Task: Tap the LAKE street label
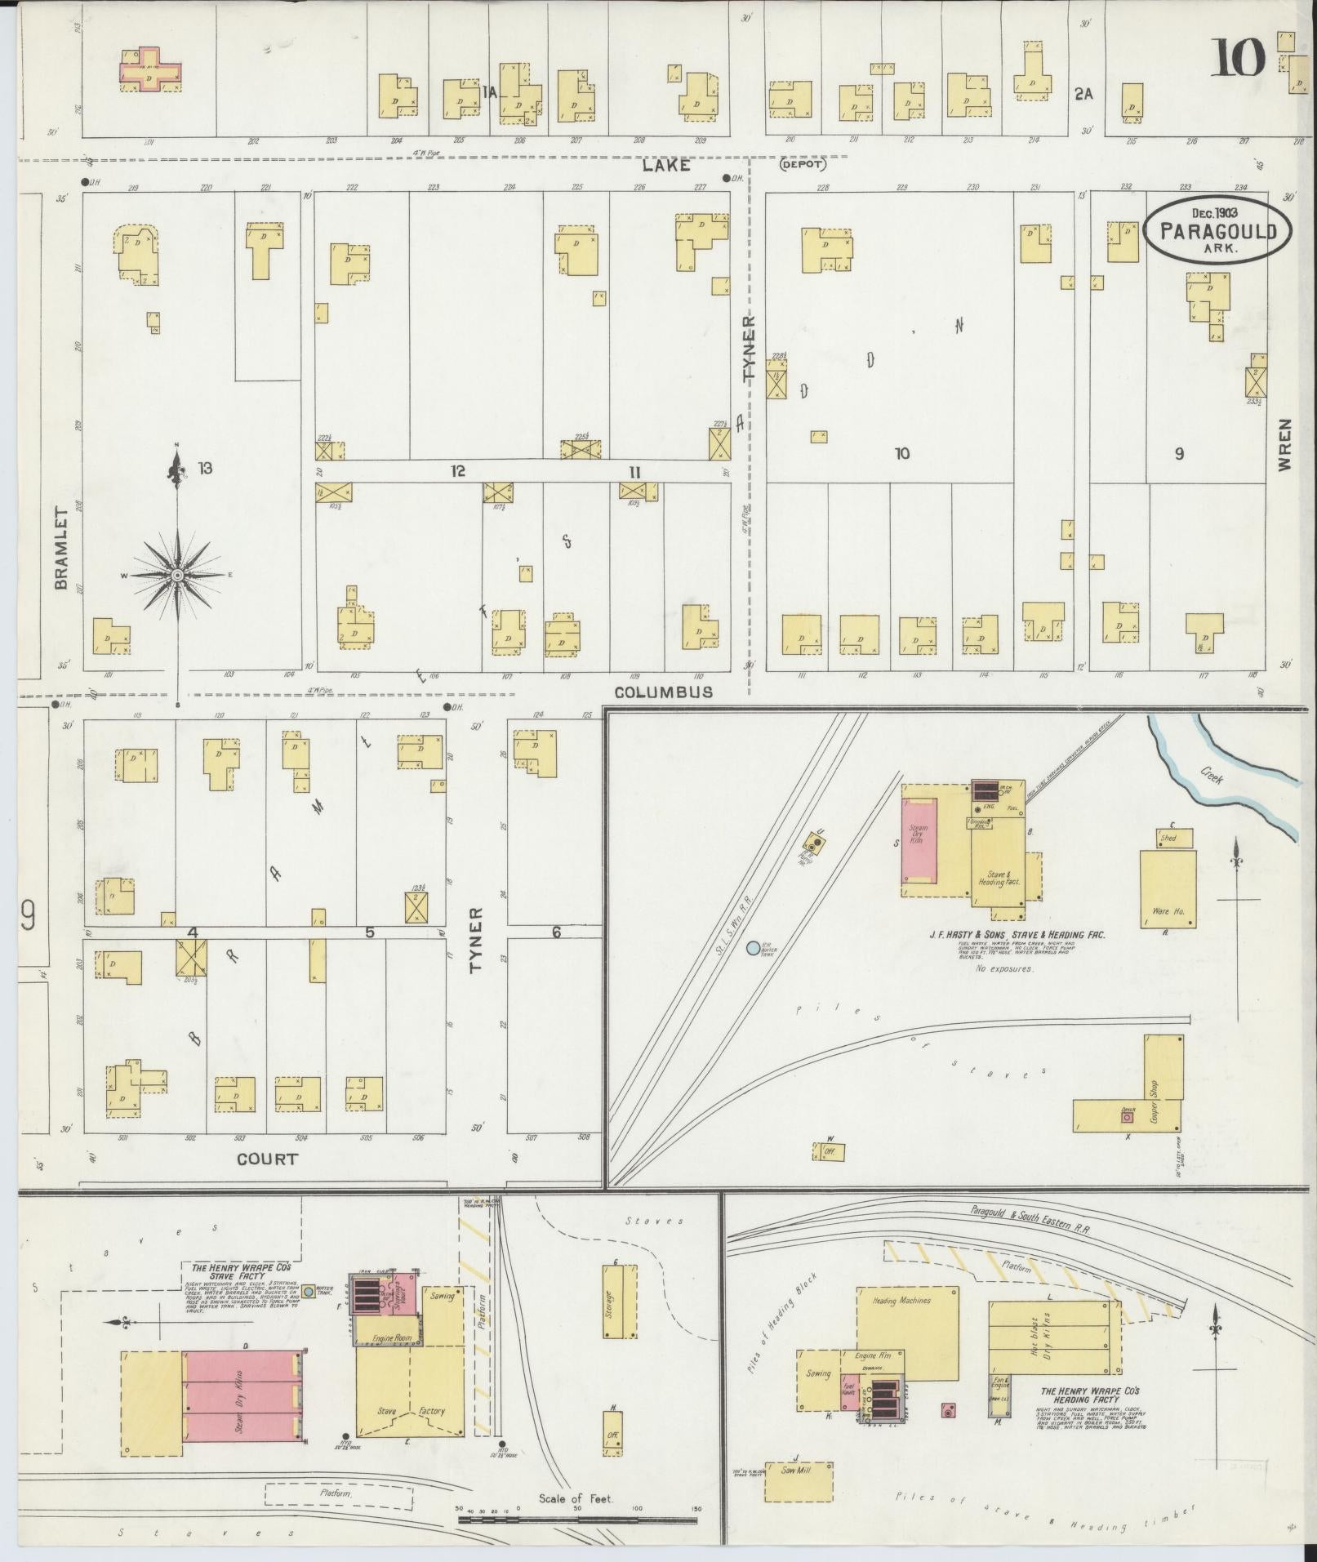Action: pos(665,166)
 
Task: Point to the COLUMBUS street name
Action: pos(663,692)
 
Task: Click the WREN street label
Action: pos(1285,445)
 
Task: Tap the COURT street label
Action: pos(267,1159)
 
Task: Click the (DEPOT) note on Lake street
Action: pos(803,164)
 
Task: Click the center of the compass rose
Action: pos(177,576)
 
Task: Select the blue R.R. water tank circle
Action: pos(753,948)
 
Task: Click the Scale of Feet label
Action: pos(575,1498)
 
